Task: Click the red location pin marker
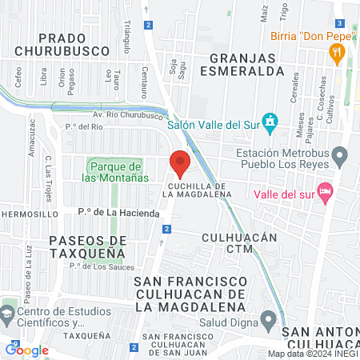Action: [180, 162]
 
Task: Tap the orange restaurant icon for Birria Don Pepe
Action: [338, 54]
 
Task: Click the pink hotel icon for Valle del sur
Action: [324, 191]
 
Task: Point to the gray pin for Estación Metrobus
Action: [340, 154]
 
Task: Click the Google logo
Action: [26, 350]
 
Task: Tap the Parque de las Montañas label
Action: [115, 170]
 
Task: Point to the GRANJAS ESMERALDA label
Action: [247, 64]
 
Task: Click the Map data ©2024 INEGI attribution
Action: [313, 354]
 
